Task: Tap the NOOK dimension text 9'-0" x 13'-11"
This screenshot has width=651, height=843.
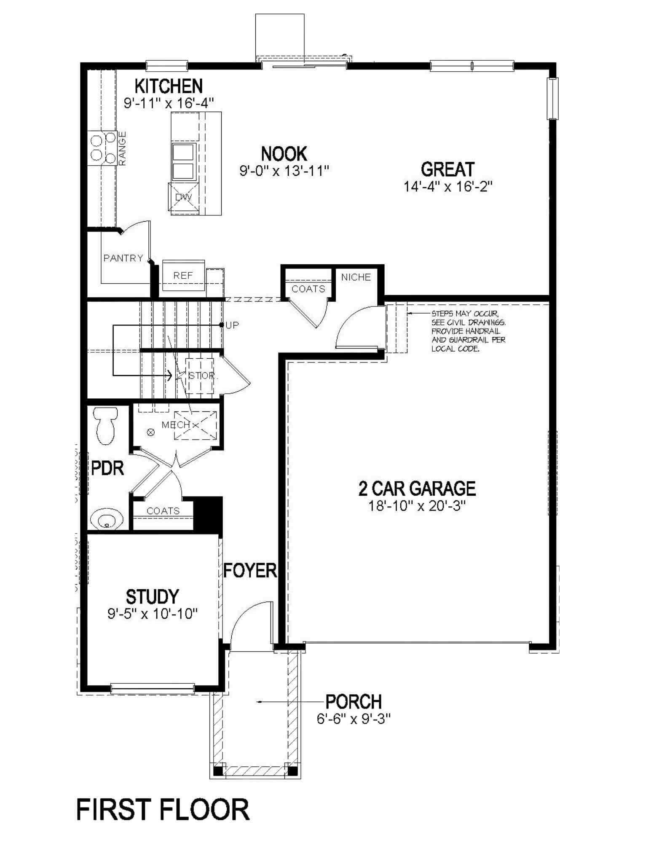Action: tap(284, 171)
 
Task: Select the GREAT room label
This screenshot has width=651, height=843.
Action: tap(447, 169)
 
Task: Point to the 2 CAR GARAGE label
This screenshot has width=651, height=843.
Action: tap(417, 489)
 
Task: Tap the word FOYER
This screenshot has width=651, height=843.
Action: tap(250, 571)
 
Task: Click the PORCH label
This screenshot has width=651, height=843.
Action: tap(354, 702)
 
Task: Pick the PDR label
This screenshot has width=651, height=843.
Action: tap(107, 468)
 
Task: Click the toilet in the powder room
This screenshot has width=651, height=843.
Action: tap(105, 426)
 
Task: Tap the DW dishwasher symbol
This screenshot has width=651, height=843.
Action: tap(183, 197)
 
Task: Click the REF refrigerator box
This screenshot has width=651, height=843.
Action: tap(183, 276)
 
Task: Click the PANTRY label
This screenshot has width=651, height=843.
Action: tap(123, 258)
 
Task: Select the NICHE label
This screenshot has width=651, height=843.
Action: tap(356, 277)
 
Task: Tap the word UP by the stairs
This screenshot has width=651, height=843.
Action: tap(232, 325)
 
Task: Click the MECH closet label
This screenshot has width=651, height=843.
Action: tap(176, 425)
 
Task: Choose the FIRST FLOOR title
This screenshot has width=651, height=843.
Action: tap(163, 810)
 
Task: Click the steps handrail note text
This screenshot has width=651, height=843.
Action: tap(468, 331)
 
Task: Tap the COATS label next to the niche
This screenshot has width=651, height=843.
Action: tap(308, 289)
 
